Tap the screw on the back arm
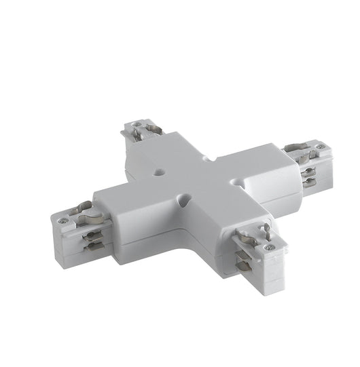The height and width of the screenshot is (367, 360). (138, 125)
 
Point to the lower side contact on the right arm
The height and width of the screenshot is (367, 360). (309, 181)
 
